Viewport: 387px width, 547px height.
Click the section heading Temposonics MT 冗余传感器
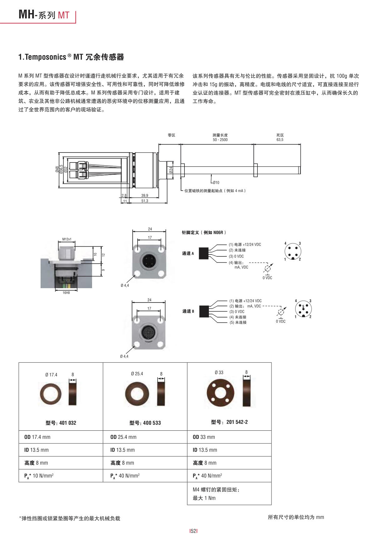click(71, 57)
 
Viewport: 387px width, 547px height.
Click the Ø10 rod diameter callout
click(216, 182)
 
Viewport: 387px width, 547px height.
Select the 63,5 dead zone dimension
click(280, 140)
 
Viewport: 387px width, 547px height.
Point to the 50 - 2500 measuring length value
click(220, 140)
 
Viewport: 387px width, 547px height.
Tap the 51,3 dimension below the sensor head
click(145, 201)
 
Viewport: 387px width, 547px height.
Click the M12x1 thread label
click(66, 240)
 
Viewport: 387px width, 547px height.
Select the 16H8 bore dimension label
click(66, 293)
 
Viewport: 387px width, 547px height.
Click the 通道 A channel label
click(188, 254)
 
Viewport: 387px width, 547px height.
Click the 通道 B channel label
click(188, 311)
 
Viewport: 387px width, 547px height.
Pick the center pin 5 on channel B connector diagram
click(303, 307)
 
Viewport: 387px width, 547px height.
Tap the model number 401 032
click(61, 423)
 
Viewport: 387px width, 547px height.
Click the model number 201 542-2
click(229, 422)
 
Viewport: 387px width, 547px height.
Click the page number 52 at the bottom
click(193, 531)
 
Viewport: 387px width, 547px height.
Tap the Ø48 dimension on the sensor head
click(57, 169)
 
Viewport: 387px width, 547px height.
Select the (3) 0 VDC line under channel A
click(236, 256)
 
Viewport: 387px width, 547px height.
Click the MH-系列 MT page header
click(44, 15)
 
